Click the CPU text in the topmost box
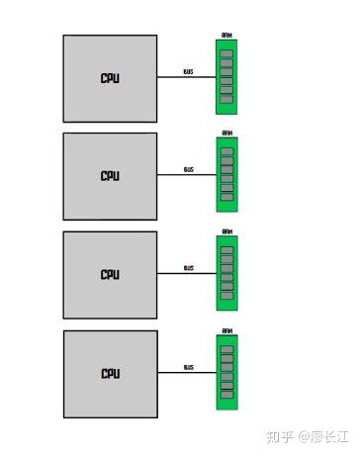pyautogui.click(x=110, y=78)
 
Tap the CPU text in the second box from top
pyautogui.click(x=110, y=176)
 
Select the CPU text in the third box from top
pyautogui.click(x=110, y=275)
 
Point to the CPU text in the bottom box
pyautogui.click(x=110, y=374)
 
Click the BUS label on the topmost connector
pyautogui.click(x=188, y=71)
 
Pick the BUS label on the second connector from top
pyautogui.click(x=188, y=169)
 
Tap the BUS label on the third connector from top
pyautogui.click(x=188, y=268)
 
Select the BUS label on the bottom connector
pyautogui.click(x=188, y=367)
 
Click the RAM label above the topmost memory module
pyautogui.click(x=226, y=35)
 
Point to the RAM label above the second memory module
pyautogui.click(x=226, y=133)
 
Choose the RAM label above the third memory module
pyautogui.click(x=226, y=231)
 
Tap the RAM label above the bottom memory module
pyautogui.click(x=226, y=330)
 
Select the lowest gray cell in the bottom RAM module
pyautogui.click(x=226, y=396)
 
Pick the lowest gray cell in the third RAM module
pyautogui.click(x=226, y=297)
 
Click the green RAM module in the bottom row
pyautogui.click(x=226, y=371)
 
